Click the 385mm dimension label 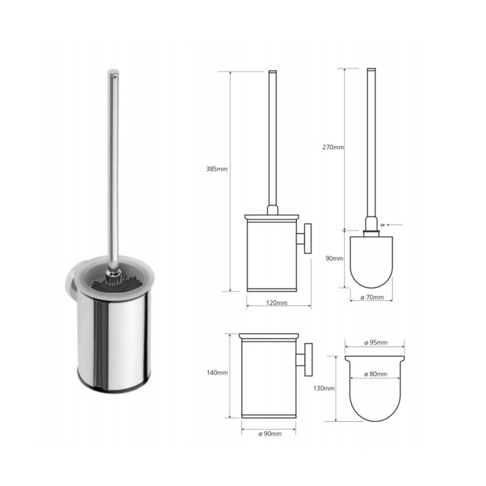click(x=217, y=169)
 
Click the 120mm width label click(x=278, y=303)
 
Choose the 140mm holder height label click(x=217, y=373)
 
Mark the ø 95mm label click(x=375, y=343)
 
